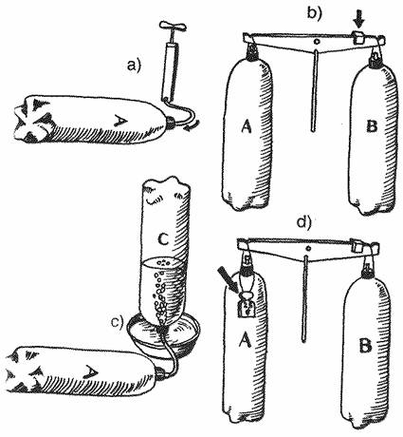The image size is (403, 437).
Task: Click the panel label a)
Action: coord(133,66)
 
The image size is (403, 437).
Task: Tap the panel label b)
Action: coord(315,13)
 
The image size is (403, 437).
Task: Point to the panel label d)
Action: coord(304,222)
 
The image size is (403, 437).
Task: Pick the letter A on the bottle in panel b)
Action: coord(247,126)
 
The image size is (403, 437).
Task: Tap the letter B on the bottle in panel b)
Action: coord(372,126)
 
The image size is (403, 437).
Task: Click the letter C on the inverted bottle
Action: coord(162,240)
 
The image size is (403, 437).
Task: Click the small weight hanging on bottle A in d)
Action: coord(246,305)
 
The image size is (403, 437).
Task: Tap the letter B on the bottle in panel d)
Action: coord(365,346)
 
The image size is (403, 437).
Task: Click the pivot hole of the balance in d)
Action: coord(308,248)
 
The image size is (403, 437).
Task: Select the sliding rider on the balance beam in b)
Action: coord(358,37)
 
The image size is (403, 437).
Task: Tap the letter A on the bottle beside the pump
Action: coord(120,120)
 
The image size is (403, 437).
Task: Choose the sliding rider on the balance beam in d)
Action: coord(357,245)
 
